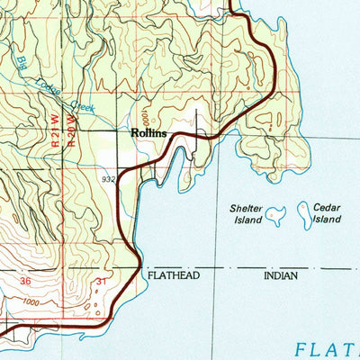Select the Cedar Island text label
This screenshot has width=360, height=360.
coord(328,212)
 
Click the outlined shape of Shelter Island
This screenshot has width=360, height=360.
coord(275,213)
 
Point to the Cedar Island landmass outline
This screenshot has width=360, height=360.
coord(305,213)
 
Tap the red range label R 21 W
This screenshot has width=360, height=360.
coord(57,131)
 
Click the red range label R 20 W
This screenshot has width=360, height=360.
coord(72,131)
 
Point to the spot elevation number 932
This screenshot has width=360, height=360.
coord(109,180)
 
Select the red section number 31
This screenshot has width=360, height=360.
coord(101,282)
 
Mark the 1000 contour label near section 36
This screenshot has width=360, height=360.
coord(35,304)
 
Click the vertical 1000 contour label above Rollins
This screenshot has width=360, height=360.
coord(143,118)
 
